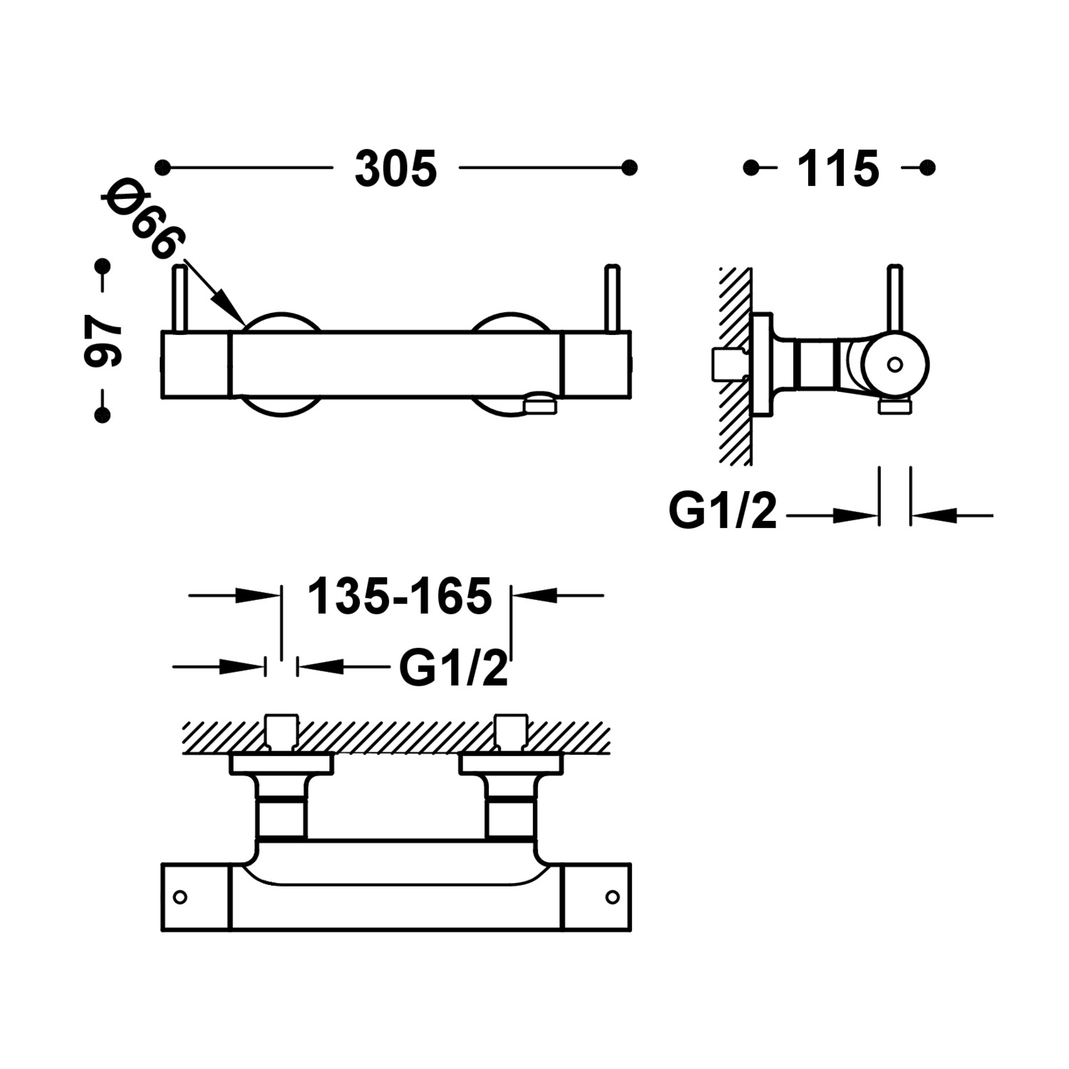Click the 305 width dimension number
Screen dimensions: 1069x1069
coord(396,170)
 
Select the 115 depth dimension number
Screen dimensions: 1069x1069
coord(838,170)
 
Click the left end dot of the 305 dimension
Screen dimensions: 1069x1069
coord(165,167)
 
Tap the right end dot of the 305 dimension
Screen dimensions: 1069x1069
coord(629,167)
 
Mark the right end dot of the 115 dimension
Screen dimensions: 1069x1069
coord(927,167)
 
